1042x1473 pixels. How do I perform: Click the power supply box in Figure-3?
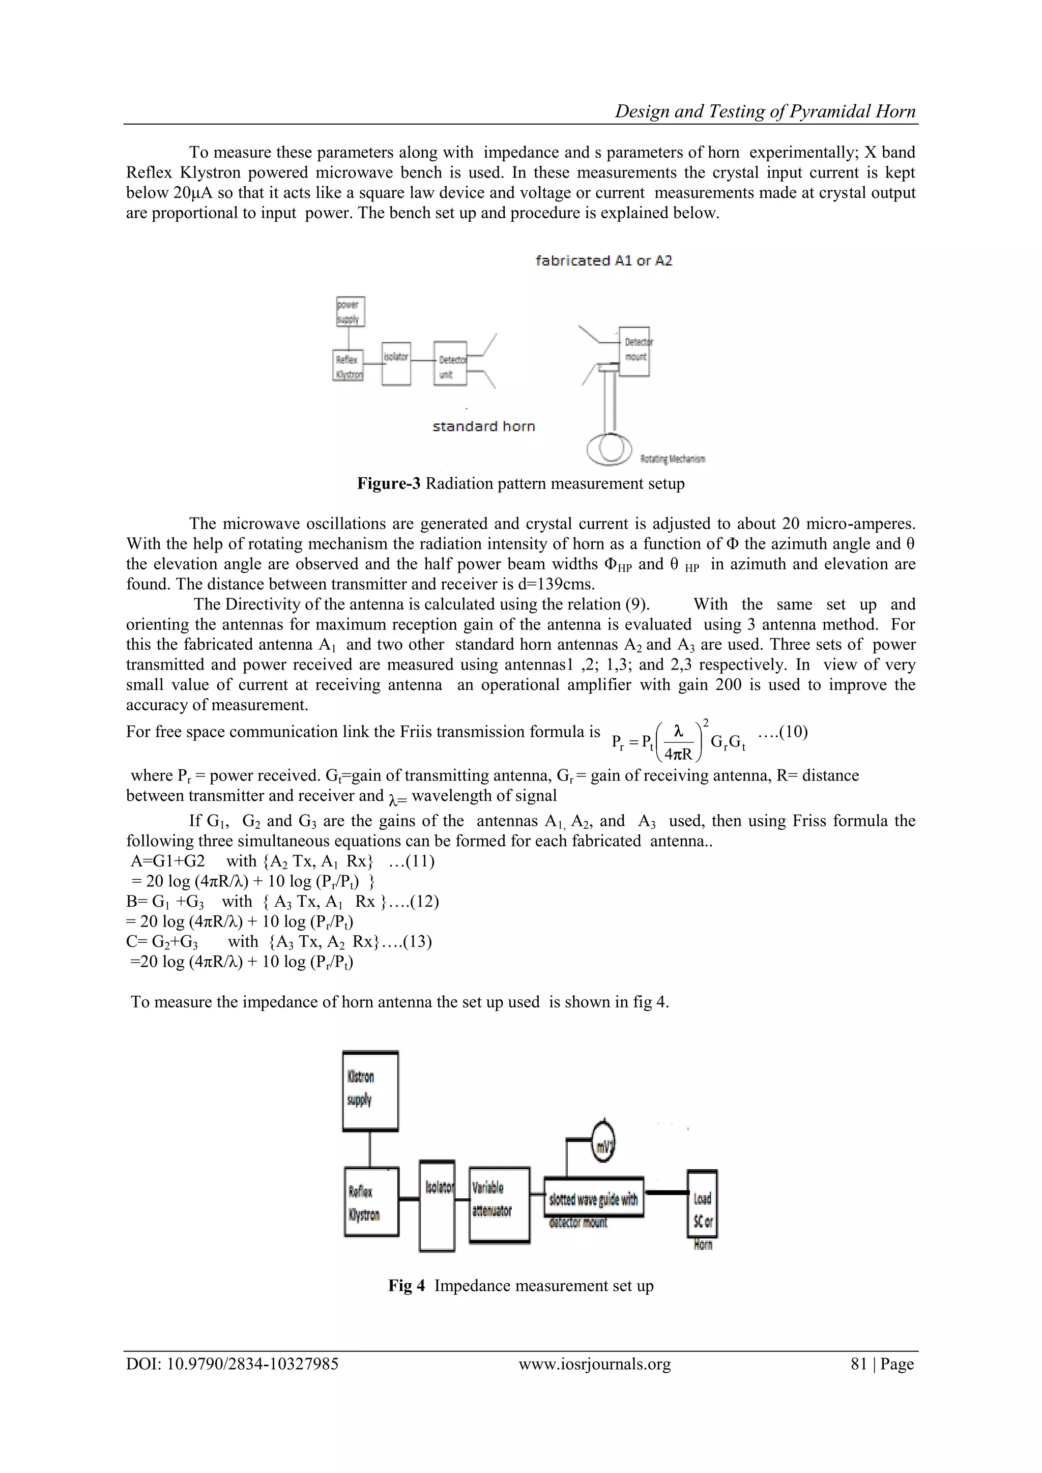[x=351, y=312]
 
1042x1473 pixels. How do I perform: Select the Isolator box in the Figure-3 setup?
[x=396, y=363]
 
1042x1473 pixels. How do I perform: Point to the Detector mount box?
[x=634, y=352]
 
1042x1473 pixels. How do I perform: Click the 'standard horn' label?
[x=484, y=426]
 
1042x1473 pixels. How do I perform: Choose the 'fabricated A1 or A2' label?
[x=604, y=261]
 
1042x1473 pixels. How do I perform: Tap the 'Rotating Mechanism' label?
[x=673, y=459]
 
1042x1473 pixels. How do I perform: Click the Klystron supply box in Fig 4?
[x=370, y=1091]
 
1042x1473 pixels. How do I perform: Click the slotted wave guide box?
[x=594, y=1199]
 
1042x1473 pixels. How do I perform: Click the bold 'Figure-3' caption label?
[x=389, y=484]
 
